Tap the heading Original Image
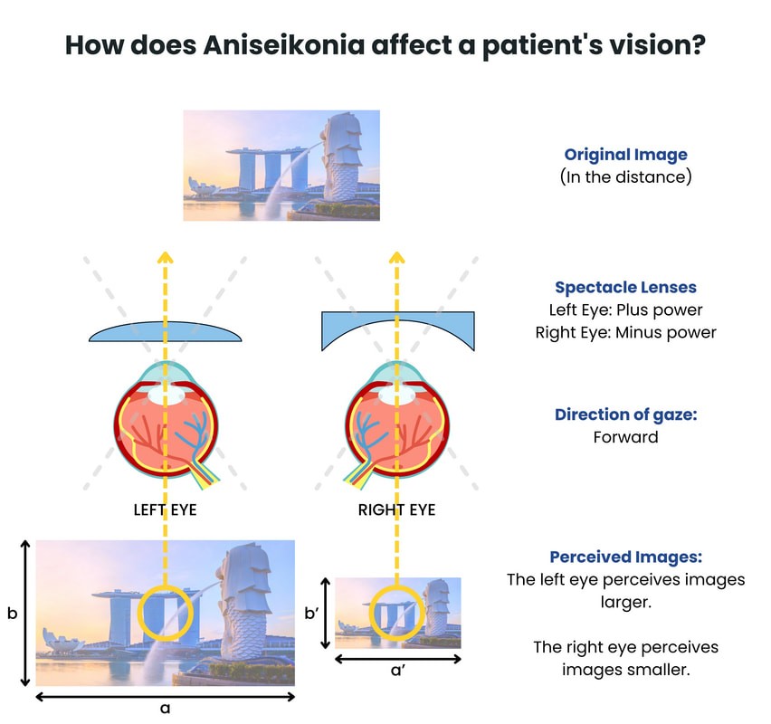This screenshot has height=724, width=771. pos(625,155)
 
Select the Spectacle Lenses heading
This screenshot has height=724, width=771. pos(625,287)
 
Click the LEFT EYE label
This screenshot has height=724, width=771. pos(165,510)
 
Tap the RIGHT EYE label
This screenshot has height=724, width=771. pos(396,510)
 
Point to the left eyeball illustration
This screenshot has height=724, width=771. pos(166,421)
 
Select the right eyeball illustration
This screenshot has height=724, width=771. pos(396,421)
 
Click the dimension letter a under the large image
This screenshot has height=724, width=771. pos(165,710)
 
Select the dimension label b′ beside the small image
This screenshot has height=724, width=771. pos(313,613)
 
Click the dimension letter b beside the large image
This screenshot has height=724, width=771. pos(12,613)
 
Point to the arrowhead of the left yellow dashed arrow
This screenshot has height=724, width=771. pos(166,257)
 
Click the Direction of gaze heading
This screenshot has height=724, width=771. pos(625,414)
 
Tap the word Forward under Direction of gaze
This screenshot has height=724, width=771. pos(625,437)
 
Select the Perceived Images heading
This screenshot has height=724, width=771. pos(625,557)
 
